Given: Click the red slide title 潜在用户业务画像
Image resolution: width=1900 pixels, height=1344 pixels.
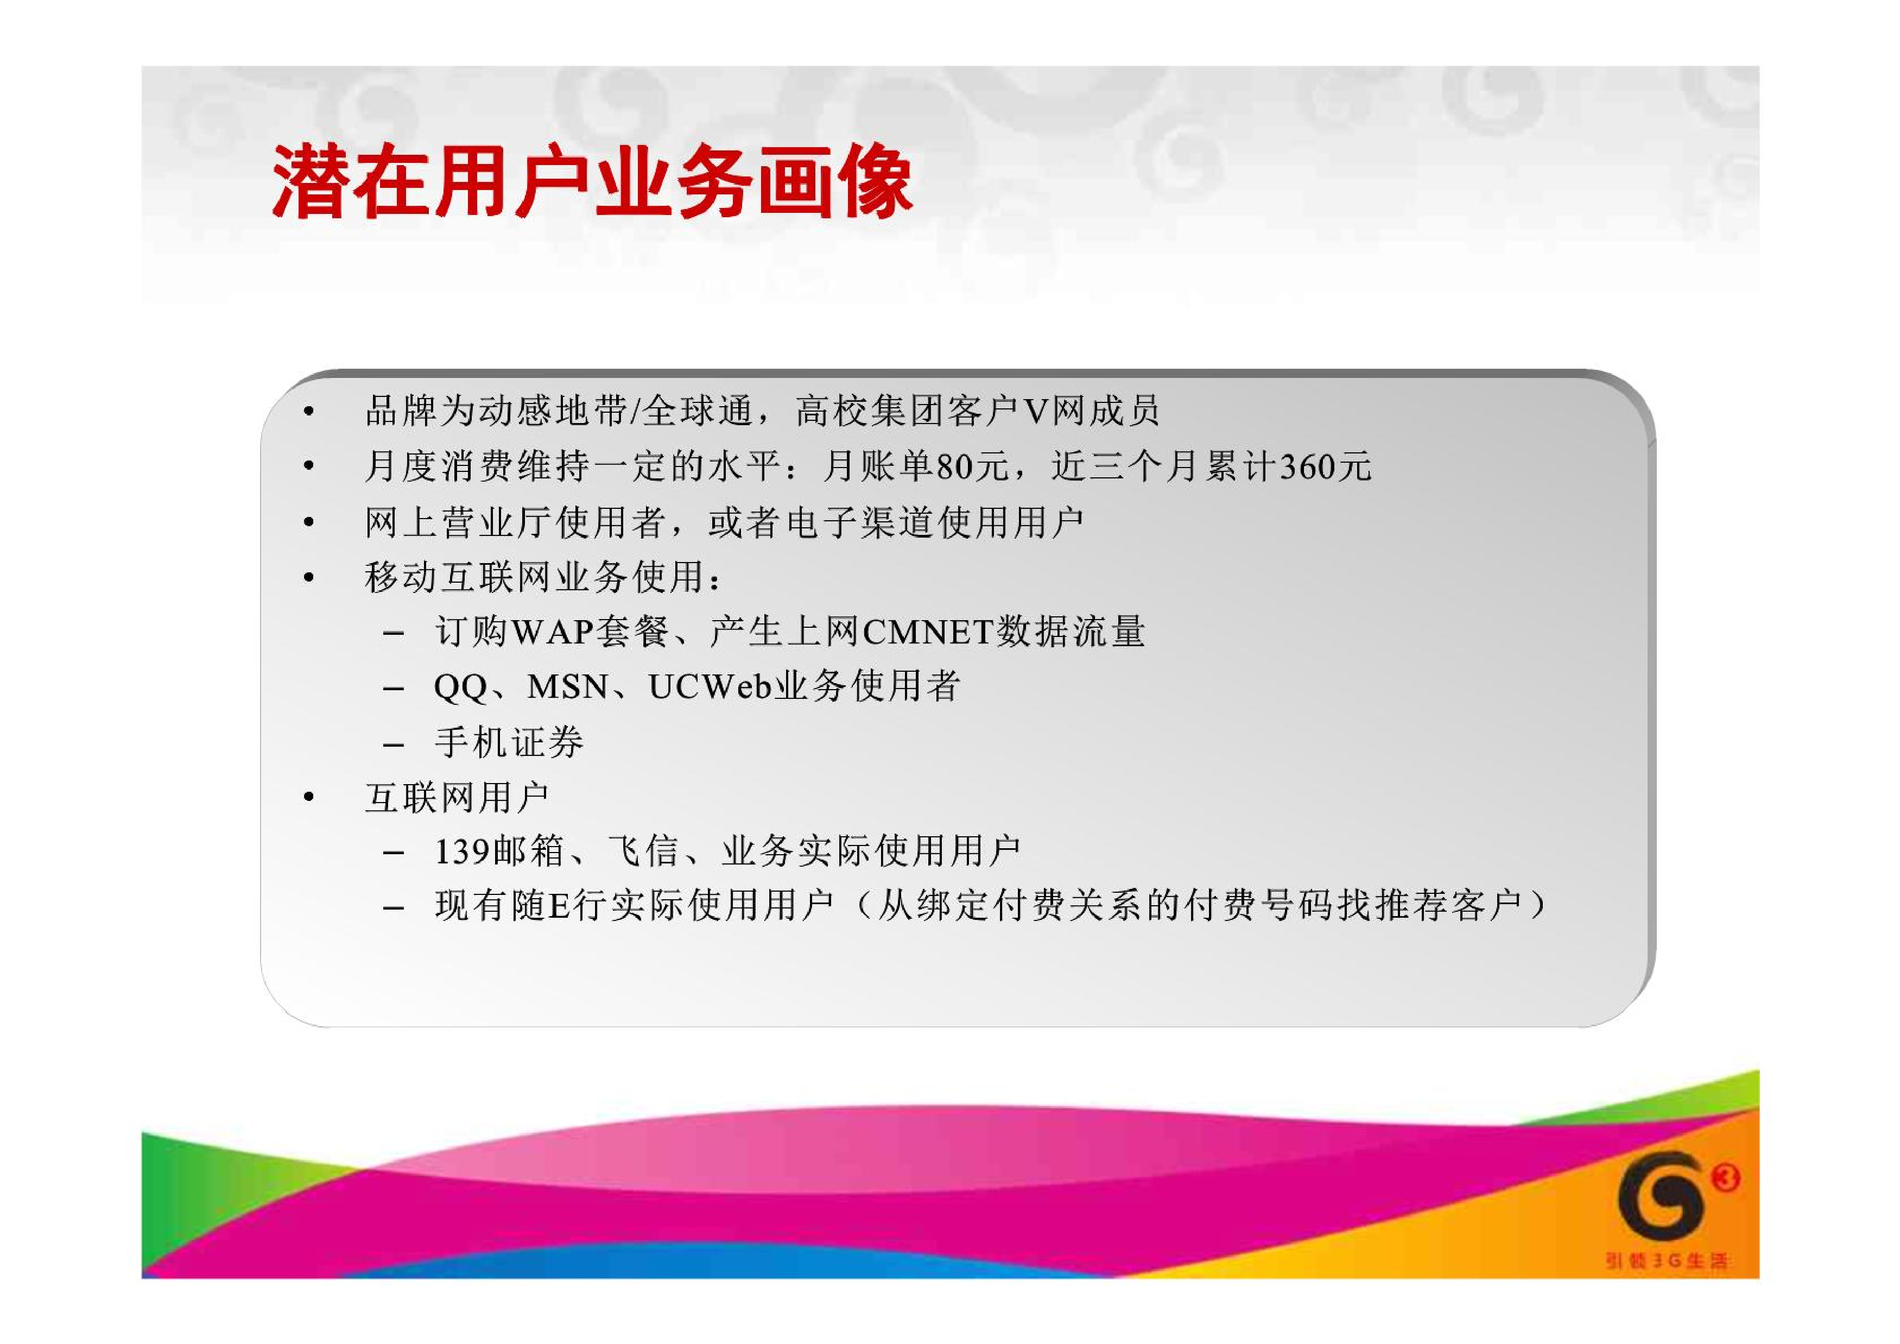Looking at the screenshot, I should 592,182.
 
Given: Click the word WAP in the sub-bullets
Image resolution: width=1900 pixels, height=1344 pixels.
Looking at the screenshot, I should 553,632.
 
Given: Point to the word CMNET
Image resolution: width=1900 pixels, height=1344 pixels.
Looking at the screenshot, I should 927,632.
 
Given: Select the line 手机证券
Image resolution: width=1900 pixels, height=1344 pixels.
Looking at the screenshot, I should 509,742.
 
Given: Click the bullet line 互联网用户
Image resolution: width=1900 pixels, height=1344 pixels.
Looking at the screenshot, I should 456,798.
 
